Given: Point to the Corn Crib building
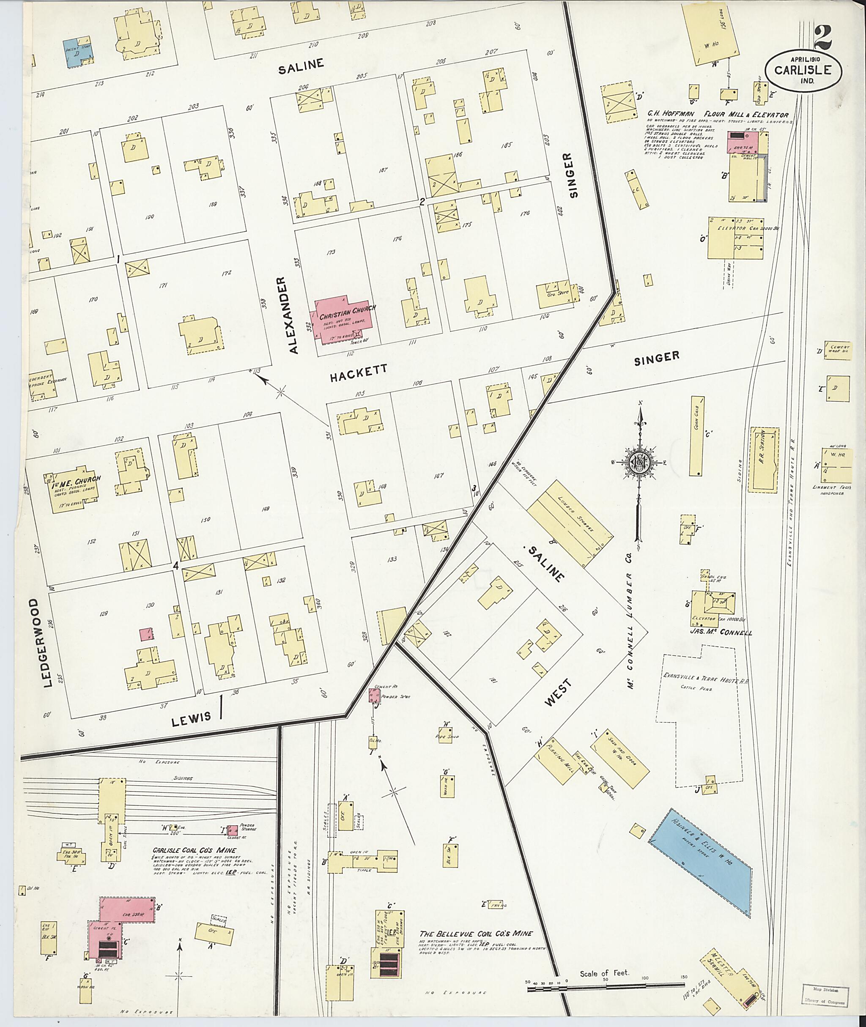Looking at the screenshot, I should point(696,436).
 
